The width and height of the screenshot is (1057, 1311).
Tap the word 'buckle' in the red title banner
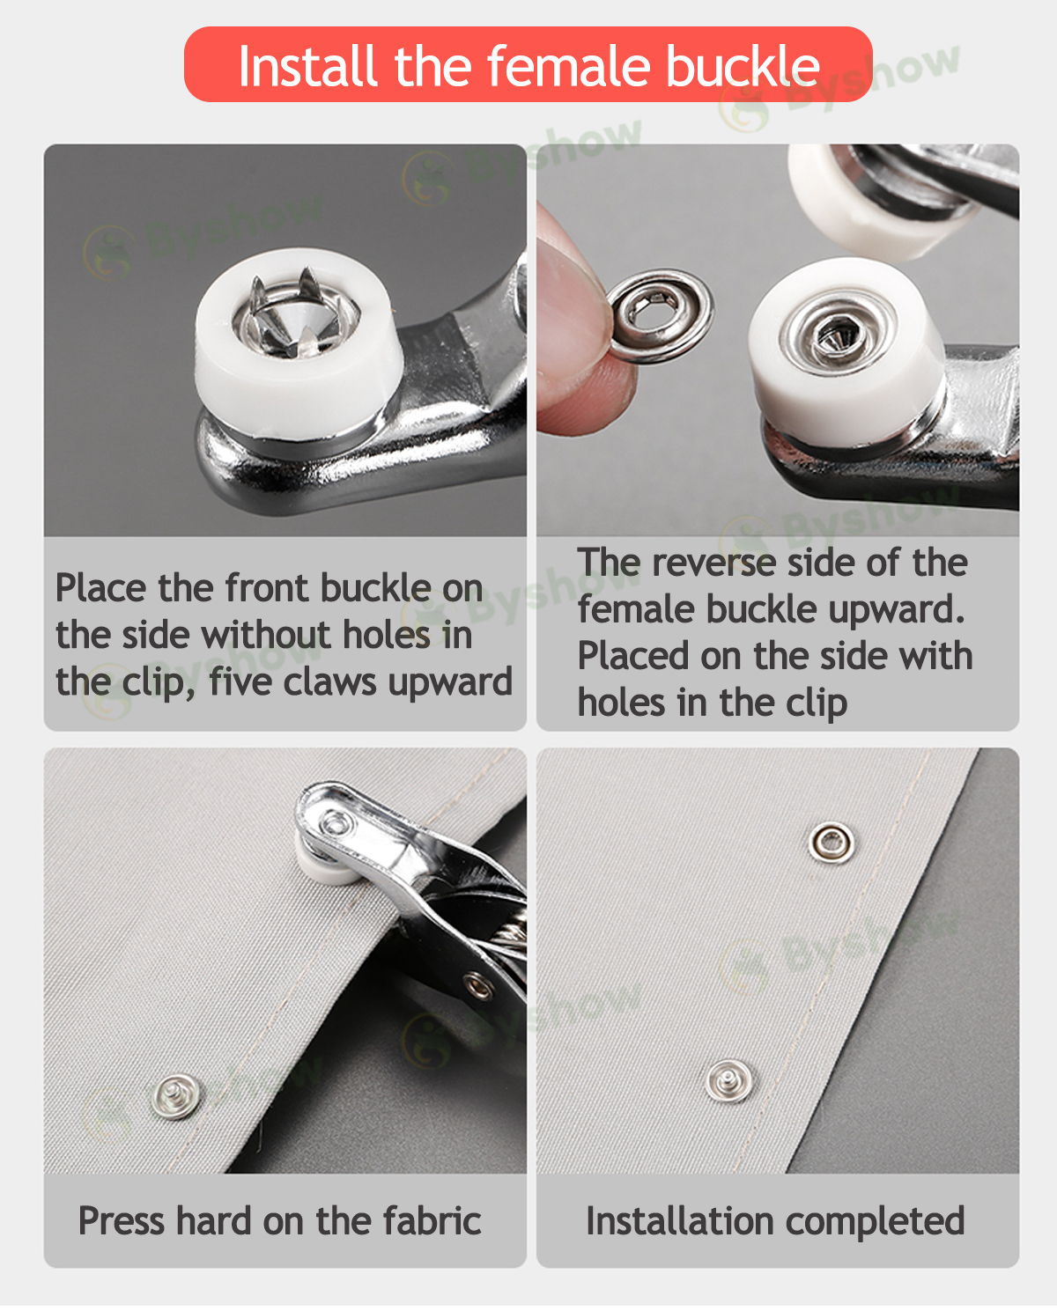click(x=743, y=66)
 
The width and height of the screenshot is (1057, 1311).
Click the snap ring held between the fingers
click(x=661, y=316)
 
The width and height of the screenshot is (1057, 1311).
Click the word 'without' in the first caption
click(x=266, y=635)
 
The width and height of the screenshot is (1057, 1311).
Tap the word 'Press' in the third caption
click(x=122, y=1221)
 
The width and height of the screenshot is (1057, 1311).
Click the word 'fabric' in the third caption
click(x=432, y=1221)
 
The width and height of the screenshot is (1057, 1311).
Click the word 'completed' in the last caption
click(x=876, y=1222)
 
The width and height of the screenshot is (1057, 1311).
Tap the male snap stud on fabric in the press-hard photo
click(x=175, y=1096)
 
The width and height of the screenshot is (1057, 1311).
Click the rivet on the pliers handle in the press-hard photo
click(x=478, y=986)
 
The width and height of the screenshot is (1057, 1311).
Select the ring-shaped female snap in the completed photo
click(x=832, y=843)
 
